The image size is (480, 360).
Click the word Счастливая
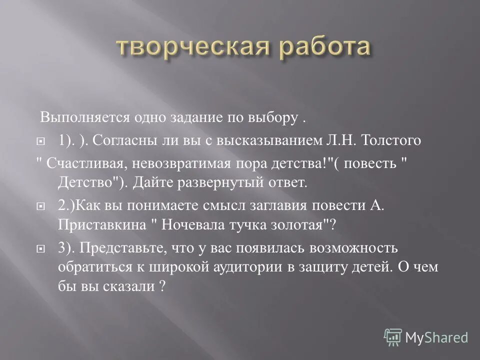pos(78,164)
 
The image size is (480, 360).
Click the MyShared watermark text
pos(437,337)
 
